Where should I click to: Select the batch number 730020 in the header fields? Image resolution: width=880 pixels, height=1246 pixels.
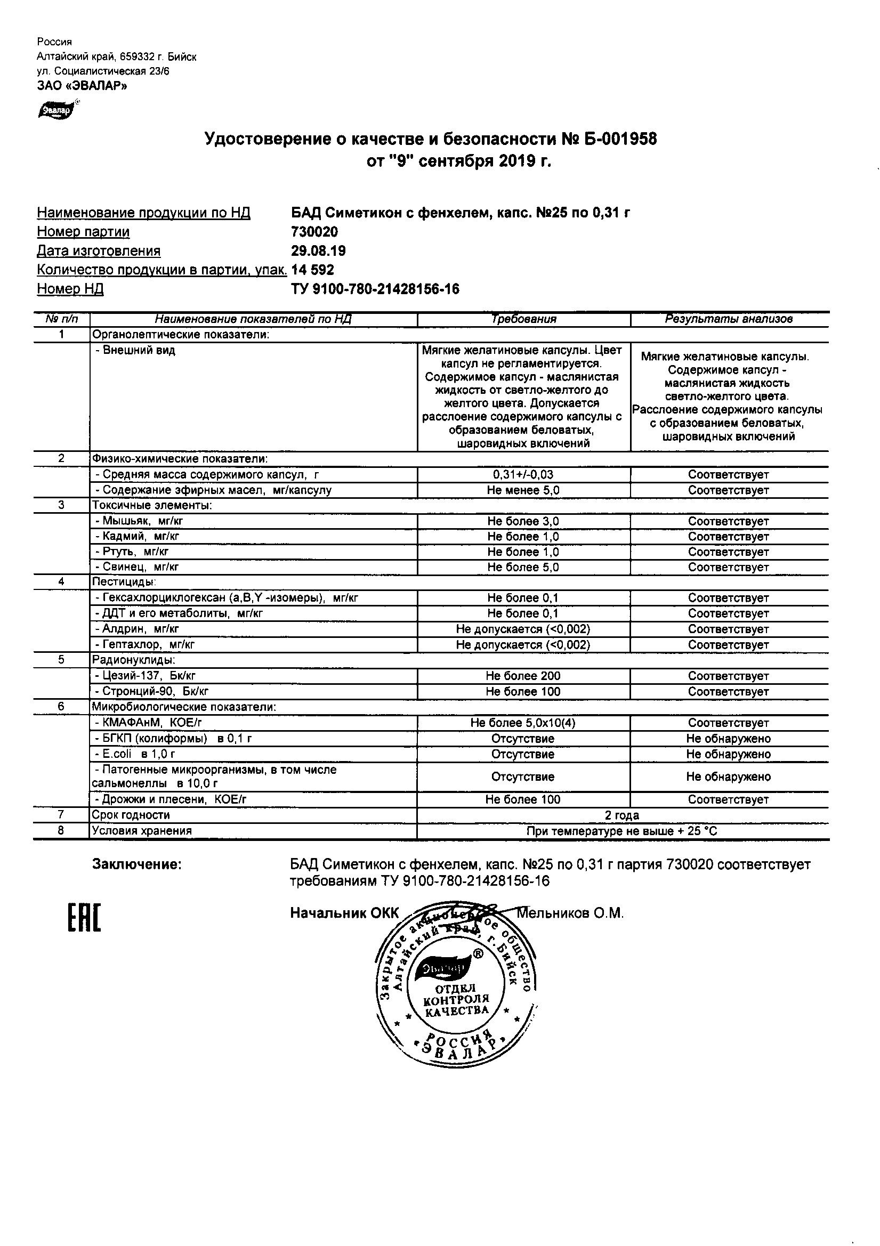pos(314,232)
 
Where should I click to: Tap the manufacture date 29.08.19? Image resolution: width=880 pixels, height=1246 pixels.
pos(318,250)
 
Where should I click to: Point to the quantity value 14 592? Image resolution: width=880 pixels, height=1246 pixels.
pos(313,270)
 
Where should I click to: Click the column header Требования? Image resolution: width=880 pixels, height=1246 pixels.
pos(523,319)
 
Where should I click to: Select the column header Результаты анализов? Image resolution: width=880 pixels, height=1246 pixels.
pos(729,319)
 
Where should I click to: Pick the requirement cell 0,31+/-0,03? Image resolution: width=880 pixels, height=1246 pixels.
pos(523,474)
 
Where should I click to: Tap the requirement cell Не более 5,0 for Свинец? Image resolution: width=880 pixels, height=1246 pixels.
pos(523,567)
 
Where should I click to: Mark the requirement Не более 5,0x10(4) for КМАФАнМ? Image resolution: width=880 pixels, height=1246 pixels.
pos(523,723)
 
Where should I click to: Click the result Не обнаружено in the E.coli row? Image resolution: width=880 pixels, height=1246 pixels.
pos(729,754)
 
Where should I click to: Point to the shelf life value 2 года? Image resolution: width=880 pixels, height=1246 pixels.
pos(621,815)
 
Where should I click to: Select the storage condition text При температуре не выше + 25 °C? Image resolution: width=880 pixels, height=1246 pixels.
pos(621,831)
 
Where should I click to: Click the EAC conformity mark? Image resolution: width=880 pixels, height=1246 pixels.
pos(84,918)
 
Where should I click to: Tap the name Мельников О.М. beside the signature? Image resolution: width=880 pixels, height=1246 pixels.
pos(570,913)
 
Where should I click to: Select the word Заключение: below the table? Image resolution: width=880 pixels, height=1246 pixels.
pos(137,864)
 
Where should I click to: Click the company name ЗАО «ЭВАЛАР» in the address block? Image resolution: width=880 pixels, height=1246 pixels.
pos(82,85)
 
